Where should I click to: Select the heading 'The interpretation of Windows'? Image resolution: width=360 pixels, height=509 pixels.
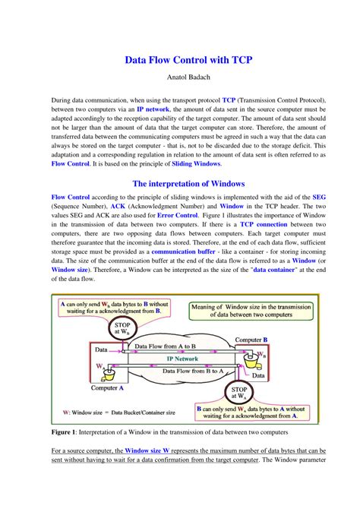point(180,183)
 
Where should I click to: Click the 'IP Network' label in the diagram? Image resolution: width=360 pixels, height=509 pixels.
point(182,357)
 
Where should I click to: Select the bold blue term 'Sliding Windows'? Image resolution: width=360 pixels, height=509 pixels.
point(196,163)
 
